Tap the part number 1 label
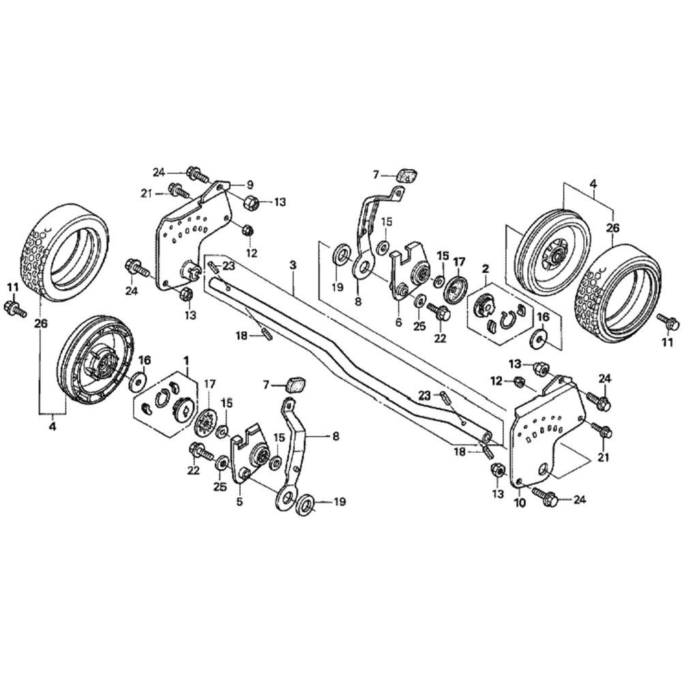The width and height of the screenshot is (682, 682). tap(186, 359)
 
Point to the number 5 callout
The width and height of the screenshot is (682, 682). tap(239, 502)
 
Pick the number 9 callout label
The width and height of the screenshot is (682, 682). tap(250, 184)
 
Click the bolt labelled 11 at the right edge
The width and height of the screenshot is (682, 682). tap(664, 318)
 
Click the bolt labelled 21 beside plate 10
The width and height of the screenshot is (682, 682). tap(601, 431)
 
